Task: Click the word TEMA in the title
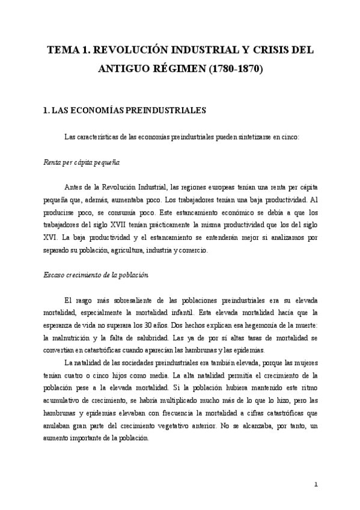pos(62,51)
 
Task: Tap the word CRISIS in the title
pos(267,51)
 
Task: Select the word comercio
pos(191,250)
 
